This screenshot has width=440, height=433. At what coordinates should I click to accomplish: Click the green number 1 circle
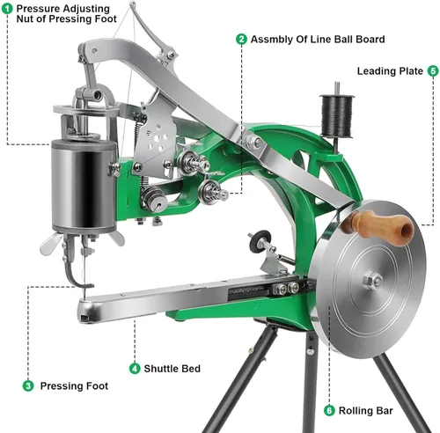click(7, 8)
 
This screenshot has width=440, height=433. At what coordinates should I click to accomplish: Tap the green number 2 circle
click(241, 39)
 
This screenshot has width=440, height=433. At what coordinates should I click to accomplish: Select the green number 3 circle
click(28, 385)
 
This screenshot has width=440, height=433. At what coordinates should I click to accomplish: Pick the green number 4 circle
click(135, 369)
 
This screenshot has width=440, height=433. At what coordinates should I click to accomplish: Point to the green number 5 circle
click(433, 70)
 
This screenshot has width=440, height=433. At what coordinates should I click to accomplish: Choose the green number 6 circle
click(329, 410)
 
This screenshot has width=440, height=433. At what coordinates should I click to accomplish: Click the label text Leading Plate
click(390, 71)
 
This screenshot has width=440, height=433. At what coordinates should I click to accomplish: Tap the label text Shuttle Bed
click(172, 369)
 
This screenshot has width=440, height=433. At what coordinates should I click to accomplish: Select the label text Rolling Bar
click(365, 410)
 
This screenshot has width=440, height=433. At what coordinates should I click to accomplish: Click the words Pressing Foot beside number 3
click(74, 385)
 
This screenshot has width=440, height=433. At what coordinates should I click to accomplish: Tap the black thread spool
click(336, 115)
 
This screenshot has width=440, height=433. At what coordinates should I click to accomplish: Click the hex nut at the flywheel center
click(372, 281)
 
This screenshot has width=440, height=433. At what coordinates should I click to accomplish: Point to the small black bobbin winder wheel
click(260, 241)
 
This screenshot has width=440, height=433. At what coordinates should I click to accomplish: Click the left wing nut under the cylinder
click(50, 244)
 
